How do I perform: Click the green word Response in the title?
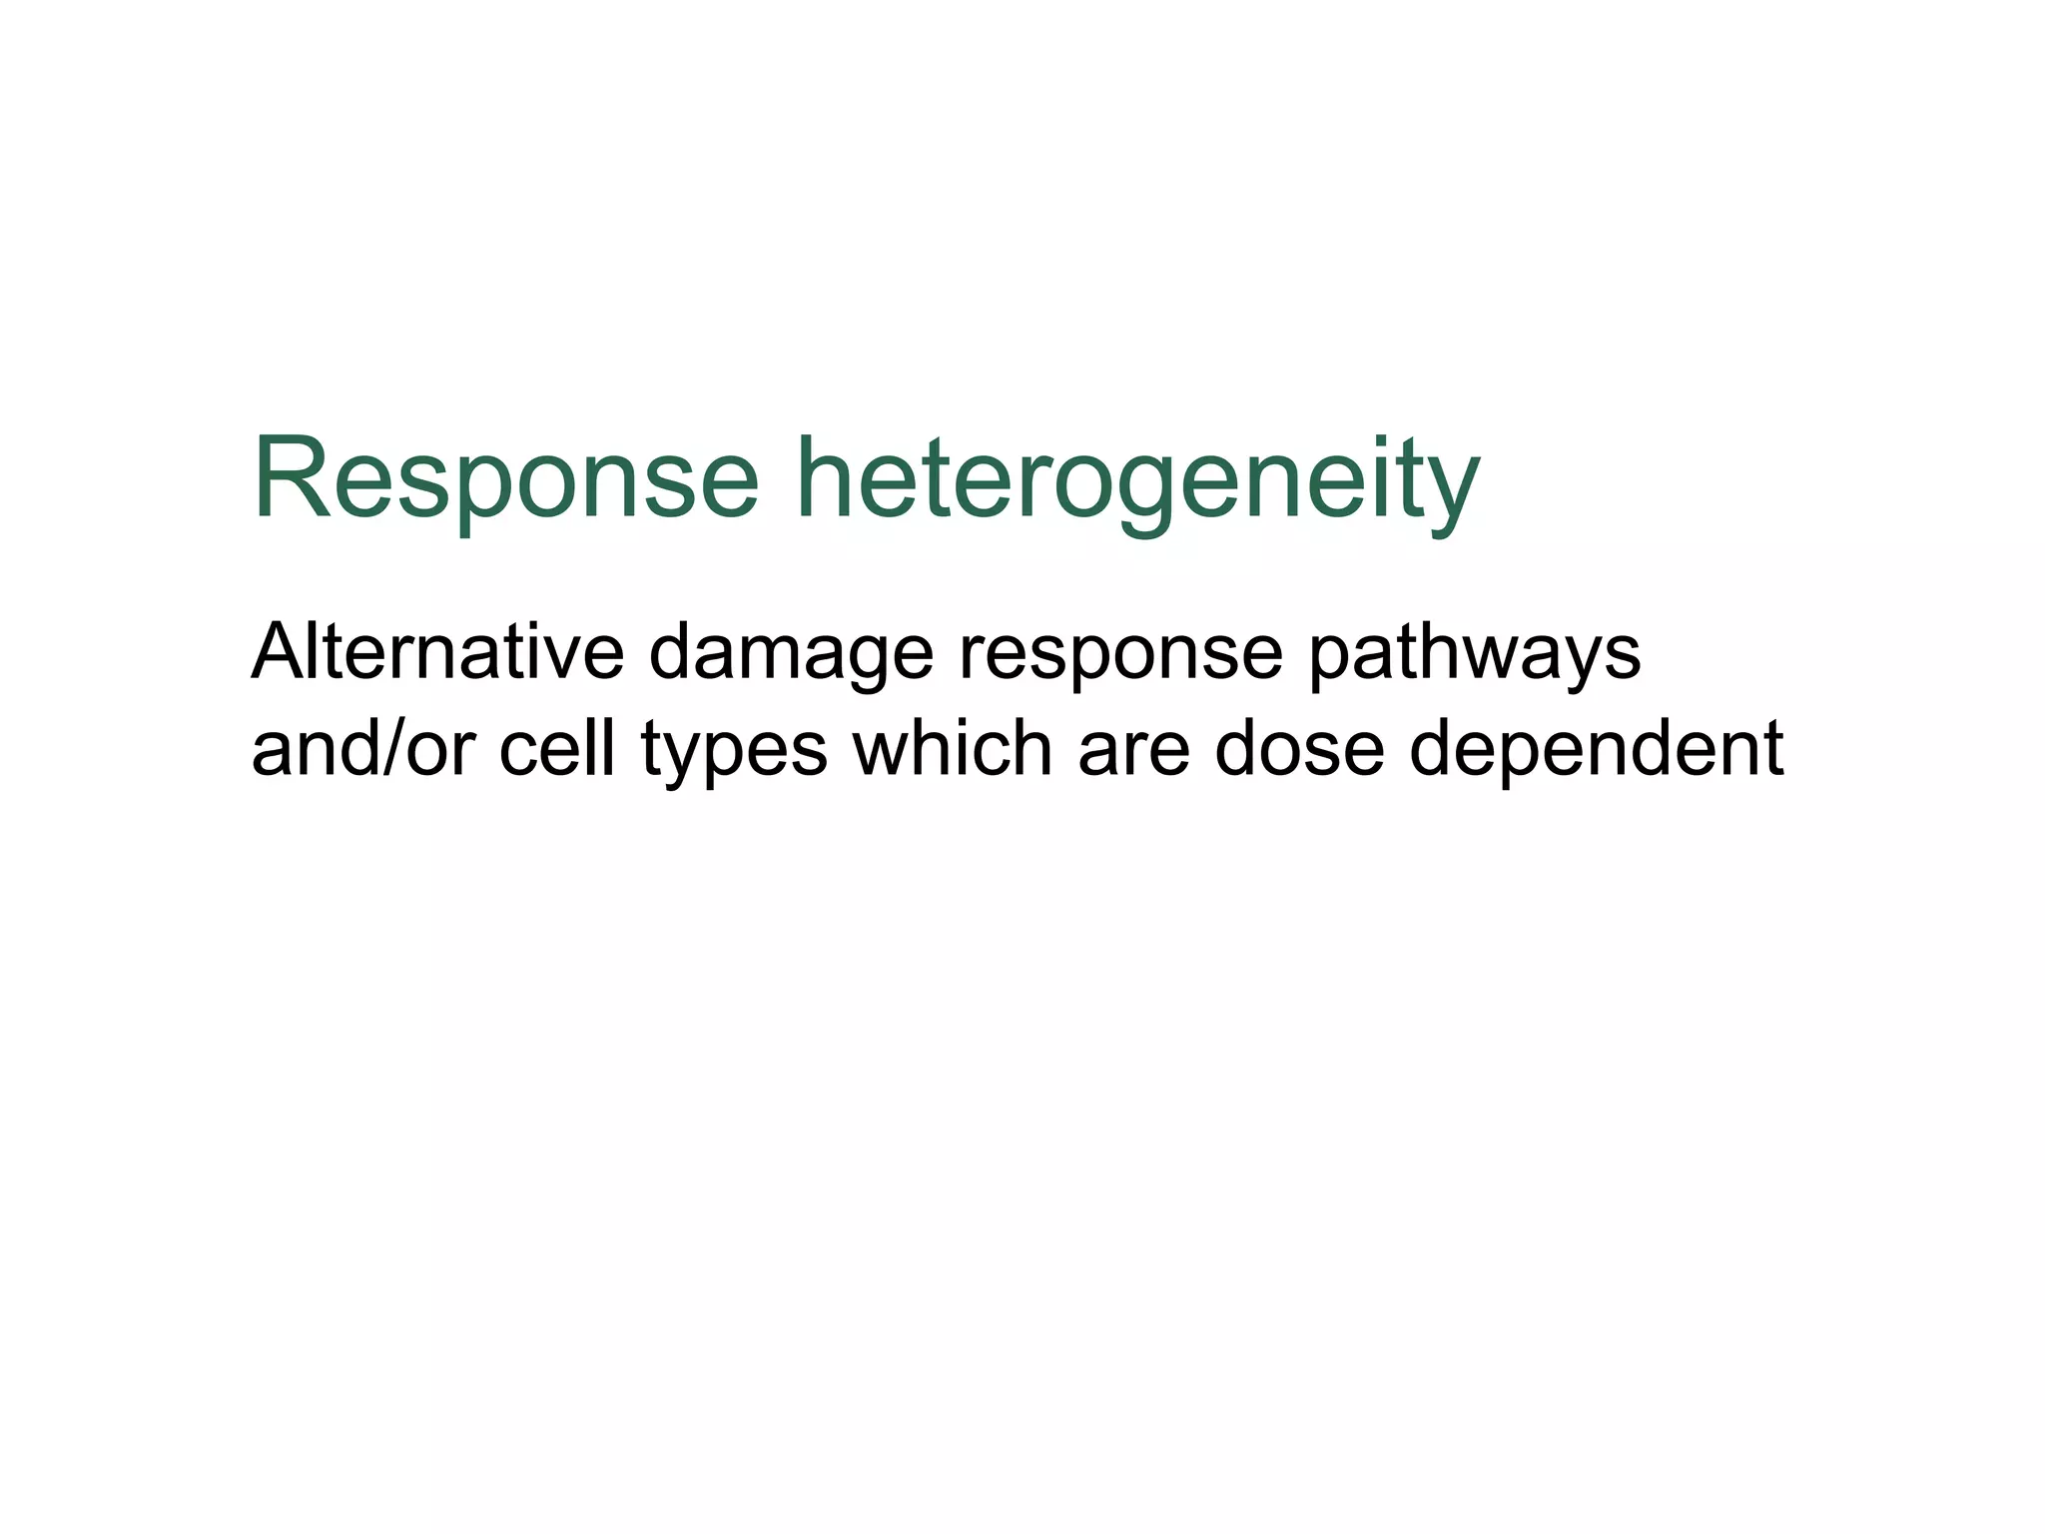505,479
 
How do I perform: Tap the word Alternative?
437,651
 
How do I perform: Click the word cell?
556,748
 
